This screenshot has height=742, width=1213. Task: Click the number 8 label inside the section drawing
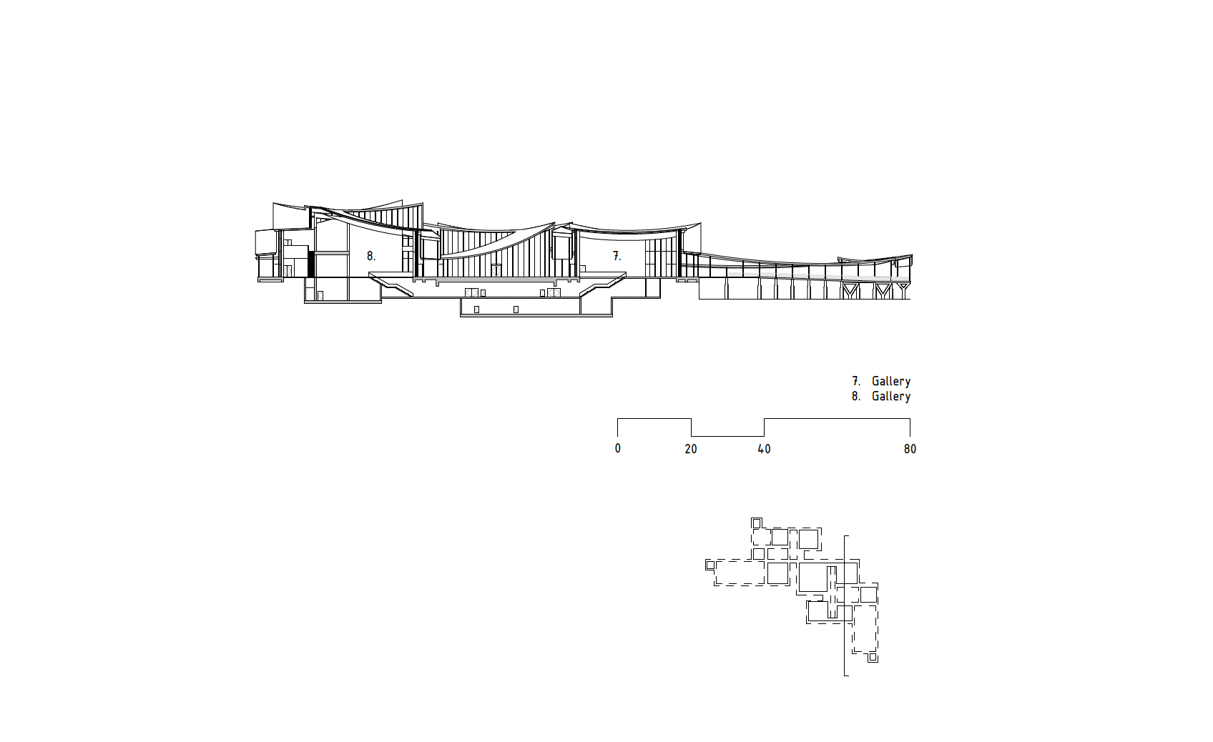coord(370,256)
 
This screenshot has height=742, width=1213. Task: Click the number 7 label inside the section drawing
coord(617,256)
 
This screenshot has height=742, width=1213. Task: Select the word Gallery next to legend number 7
coord(891,382)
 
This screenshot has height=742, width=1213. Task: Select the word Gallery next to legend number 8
coord(891,397)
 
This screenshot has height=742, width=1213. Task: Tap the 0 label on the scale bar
coord(618,449)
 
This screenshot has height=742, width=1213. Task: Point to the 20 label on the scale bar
coord(691,449)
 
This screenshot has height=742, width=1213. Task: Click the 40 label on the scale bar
coord(764,449)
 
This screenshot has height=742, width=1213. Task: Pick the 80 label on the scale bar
coord(910,449)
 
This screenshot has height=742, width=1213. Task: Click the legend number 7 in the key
coord(855,381)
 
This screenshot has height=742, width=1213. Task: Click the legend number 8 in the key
coord(855,396)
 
